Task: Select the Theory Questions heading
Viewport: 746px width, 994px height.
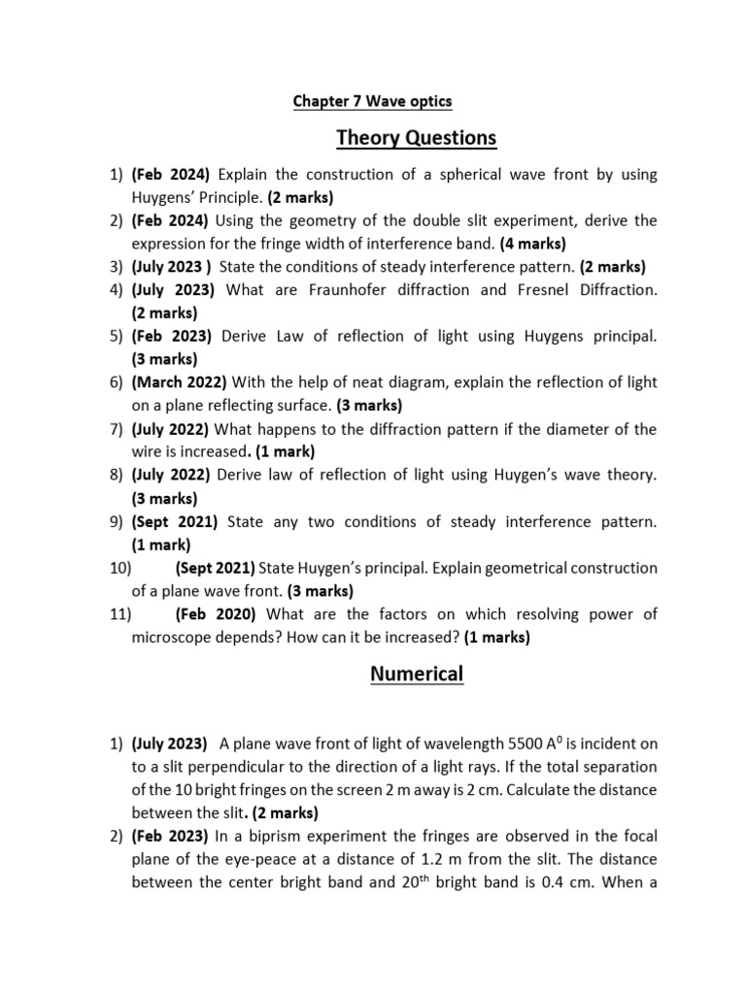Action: [x=416, y=138]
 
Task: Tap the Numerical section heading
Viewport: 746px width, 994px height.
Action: [x=417, y=673]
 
